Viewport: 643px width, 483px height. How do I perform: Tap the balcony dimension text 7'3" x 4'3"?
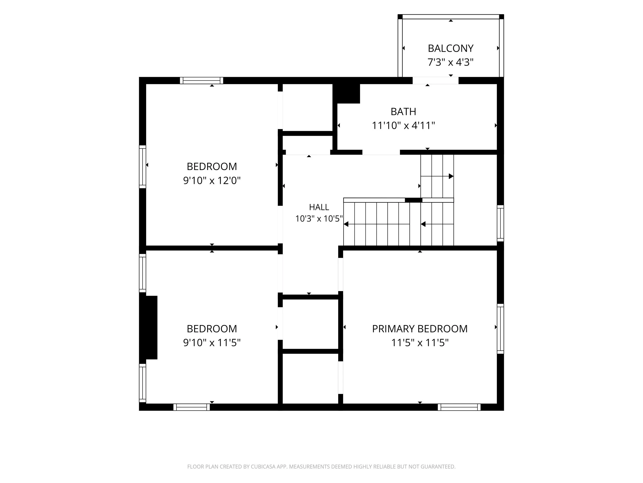tap(451, 62)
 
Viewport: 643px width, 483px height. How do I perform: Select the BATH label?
tap(403, 112)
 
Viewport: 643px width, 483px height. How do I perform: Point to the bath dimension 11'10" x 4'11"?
tap(404, 125)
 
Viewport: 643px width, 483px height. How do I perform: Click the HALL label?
tap(319, 207)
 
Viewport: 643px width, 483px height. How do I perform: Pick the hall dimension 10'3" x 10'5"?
tap(319, 219)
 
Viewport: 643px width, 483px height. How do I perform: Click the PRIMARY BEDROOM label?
tap(420, 329)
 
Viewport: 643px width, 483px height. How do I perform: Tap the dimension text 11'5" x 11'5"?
tap(420, 343)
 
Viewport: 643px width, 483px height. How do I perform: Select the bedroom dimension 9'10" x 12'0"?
tap(212, 181)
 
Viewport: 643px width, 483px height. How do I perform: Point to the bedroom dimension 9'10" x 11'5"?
tap(212, 343)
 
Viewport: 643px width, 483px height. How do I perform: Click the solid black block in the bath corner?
tap(346, 94)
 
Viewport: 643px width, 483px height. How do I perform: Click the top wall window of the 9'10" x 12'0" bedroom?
tap(201, 80)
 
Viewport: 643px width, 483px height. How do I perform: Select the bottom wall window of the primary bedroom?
tap(459, 407)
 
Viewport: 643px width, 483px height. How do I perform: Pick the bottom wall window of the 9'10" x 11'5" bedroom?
tap(192, 407)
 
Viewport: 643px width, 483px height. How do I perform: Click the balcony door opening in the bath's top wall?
tap(435, 80)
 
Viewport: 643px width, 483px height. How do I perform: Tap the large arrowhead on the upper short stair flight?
tap(451, 176)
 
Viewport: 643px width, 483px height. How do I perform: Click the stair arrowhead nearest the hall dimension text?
tap(346, 224)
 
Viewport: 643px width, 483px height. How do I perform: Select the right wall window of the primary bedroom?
tap(500, 329)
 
